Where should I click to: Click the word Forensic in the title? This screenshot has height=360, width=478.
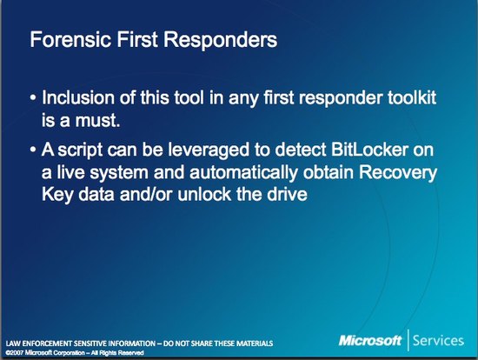70,39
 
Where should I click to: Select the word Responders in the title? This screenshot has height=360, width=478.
221,40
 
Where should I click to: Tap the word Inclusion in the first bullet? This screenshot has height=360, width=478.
77,97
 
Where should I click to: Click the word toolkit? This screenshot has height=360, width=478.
412,97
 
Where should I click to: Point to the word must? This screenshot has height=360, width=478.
98,120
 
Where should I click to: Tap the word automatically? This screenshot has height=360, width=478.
243,173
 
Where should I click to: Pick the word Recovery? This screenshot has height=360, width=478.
398,173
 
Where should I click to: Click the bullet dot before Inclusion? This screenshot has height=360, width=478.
33,98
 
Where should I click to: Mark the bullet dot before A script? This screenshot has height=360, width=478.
33,150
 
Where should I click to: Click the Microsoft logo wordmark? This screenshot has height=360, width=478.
369,340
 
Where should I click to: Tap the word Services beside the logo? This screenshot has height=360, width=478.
438,340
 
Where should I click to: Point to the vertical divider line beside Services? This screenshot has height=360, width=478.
408,340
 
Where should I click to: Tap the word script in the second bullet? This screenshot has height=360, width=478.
80,150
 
